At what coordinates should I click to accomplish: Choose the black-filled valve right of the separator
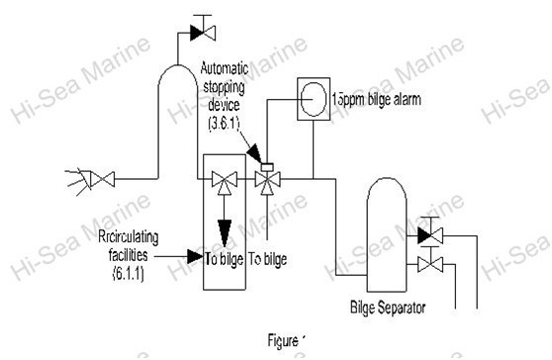coord(429,235)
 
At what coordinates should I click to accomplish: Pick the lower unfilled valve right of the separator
coord(429,263)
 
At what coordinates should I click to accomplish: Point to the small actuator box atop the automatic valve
coord(264,164)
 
